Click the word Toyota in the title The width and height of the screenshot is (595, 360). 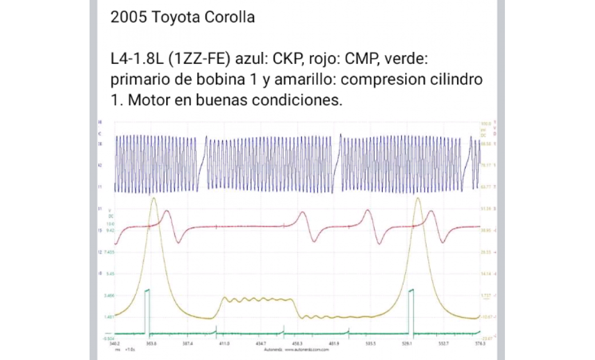point(171,17)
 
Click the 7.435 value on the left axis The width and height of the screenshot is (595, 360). point(109,253)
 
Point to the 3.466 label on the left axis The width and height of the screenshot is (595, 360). point(109,296)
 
